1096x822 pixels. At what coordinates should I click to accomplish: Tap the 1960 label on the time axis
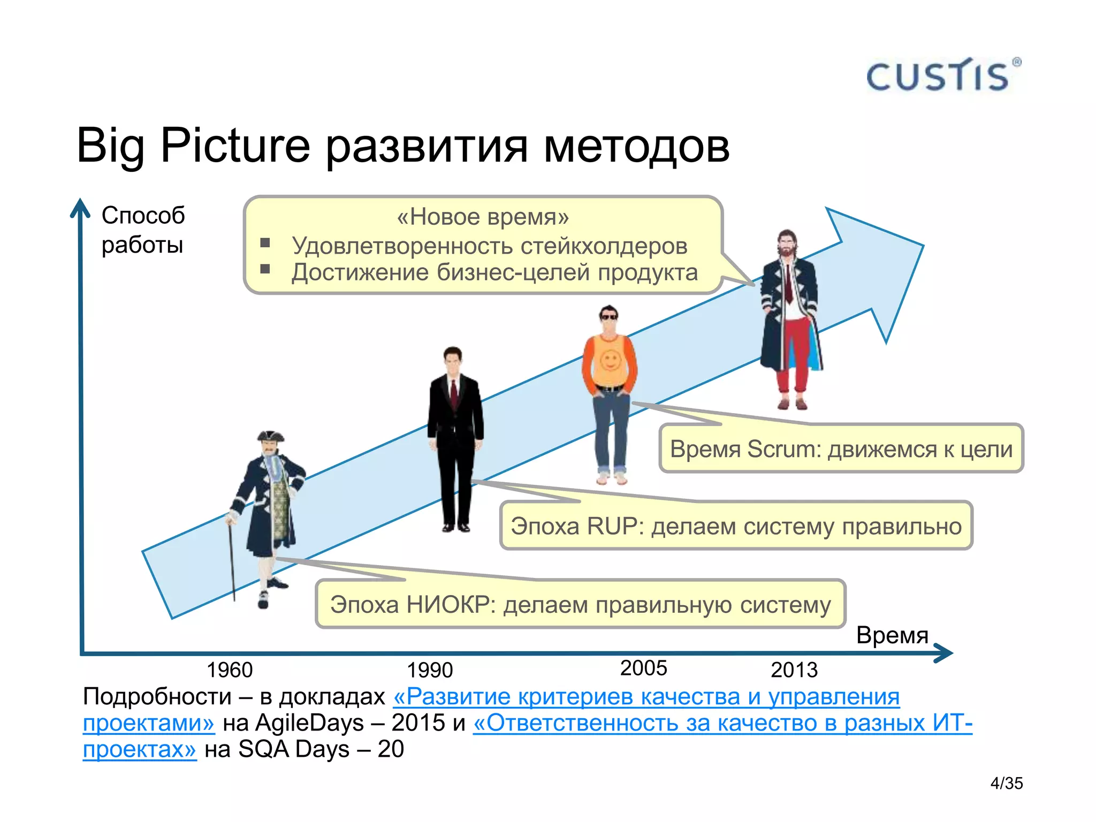(x=230, y=670)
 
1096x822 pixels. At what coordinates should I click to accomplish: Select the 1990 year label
(x=430, y=670)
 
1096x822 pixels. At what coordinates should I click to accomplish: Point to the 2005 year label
(x=643, y=668)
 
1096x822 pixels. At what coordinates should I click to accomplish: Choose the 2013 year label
(x=794, y=670)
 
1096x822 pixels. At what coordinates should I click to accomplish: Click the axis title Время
(x=892, y=635)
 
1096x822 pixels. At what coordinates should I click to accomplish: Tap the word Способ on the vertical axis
(x=143, y=216)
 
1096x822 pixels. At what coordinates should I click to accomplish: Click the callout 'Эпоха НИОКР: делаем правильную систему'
(x=580, y=605)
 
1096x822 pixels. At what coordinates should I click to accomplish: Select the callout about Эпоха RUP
(x=736, y=526)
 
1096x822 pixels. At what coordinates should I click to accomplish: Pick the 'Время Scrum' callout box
(x=841, y=449)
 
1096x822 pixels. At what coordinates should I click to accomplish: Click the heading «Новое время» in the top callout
(x=483, y=217)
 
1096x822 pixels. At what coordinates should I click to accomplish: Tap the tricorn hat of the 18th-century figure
(x=270, y=437)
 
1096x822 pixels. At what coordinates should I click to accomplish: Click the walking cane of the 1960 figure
(x=232, y=557)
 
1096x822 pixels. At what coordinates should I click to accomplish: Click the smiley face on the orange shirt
(x=610, y=361)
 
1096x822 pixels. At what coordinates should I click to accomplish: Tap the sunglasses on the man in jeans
(x=608, y=317)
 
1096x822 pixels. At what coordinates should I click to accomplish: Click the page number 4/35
(x=1006, y=783)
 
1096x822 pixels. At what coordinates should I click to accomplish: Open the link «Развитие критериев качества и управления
(x=646, y=697)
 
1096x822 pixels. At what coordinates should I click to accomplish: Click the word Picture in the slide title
(x=235, y=146)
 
